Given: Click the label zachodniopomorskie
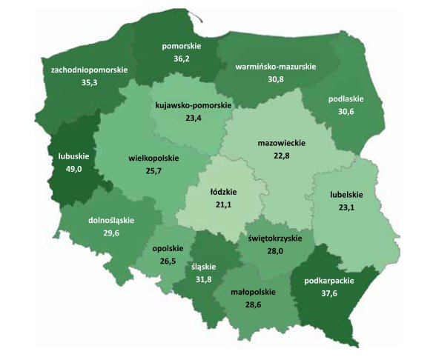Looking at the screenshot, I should point(89,70).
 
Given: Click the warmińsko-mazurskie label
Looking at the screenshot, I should point(275,67).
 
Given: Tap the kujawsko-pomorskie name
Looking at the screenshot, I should point(192,105).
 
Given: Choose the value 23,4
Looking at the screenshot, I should point(192,118).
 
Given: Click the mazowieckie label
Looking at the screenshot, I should point(282,142).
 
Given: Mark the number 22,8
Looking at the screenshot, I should point(282,155).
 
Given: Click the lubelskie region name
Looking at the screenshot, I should point(346,195).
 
